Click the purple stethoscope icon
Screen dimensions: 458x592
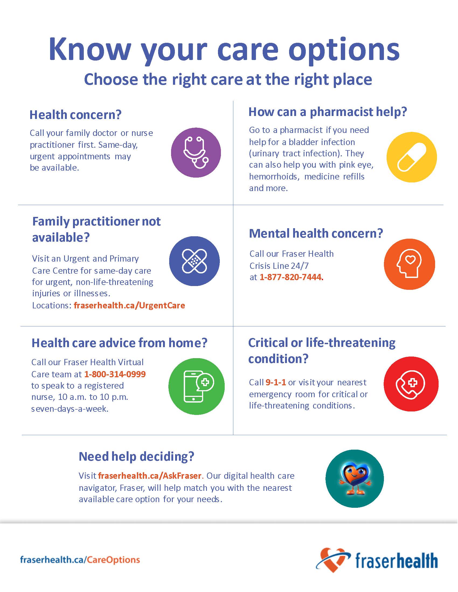click(x=196, y=153)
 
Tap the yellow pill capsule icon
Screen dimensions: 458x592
click(x=412, y=157)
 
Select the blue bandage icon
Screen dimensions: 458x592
click(x=194, y=261)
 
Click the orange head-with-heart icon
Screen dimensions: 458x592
click(x=410, y=264)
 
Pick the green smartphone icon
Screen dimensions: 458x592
click(x=196, y=386)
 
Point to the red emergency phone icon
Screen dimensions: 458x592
click(x=411, y=384)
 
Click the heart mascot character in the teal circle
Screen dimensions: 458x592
click(x=354, y=479)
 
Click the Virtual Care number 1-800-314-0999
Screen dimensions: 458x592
click(x=115, y=374)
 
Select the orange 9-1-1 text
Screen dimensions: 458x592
click(x=276, y=382)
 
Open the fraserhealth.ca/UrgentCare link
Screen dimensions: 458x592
click(x=129, y=305)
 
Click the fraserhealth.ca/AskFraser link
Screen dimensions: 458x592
click(x=150, y=475)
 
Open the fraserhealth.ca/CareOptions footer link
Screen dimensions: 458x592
click(x=80, y=560)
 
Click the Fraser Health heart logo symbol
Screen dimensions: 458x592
click(x=333, y=560)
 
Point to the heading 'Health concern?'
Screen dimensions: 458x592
click(x=75, y=115)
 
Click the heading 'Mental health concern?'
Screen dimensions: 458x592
click(x=316, y=233)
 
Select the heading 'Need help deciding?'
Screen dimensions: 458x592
click(x=137, y=456)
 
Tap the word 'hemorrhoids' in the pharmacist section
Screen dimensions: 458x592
click(x=274, y=177)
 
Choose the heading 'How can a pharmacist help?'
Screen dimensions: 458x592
click(x=328, y=112)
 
